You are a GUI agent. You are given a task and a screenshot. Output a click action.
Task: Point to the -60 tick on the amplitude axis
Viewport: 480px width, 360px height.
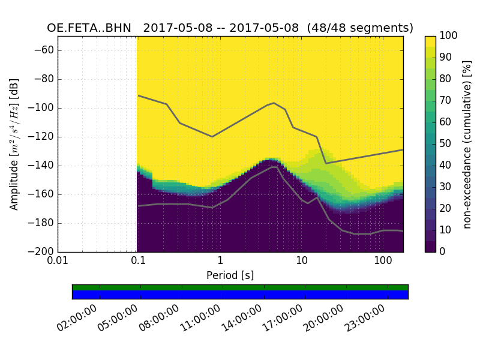pyautogui.click(x=46, y=50)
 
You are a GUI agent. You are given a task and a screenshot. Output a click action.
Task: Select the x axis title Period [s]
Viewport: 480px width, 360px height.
pyautogui.click(x=230, y=275)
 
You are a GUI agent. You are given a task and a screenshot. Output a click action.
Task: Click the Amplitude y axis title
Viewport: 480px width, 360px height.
pyautogui.click(x=14, y=144)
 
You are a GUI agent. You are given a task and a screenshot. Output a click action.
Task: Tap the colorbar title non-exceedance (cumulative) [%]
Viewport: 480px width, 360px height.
pyautogui.click(x=467, y=144)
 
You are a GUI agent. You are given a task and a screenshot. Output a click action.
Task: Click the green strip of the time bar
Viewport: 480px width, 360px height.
pyautogui.click(x=240, y=287)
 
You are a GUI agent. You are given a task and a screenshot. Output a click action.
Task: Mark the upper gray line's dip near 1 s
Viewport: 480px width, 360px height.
pyautogui.click(x=212, y=136)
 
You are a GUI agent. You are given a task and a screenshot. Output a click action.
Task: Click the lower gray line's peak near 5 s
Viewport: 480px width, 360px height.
pyautogui.click(x=275, y=167)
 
